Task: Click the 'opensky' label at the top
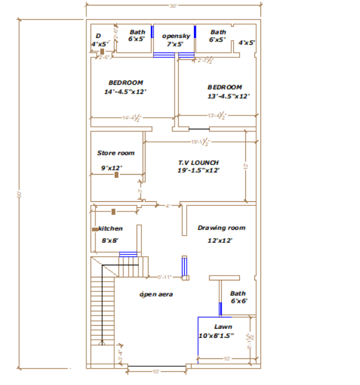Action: tap(176, 36)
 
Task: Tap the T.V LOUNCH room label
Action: tap(198, 163)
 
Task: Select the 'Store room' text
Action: tap(116, 153)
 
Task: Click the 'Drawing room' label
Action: tap(221, 228)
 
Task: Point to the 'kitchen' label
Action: tap(111, 228)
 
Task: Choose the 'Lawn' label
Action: tap(223, 326)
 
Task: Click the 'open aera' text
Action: tap(156, 294)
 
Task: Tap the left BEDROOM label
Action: tap(126, 82)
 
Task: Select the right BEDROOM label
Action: tap(225, 87)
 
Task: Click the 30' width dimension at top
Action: tap(173, 6)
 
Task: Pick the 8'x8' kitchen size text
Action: tap(110, 241)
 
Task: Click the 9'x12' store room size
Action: tap(111, 168)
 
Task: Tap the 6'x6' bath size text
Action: tap(239, 300)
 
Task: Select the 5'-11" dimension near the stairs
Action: tap(164, 277)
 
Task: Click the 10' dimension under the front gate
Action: tap(156, 371)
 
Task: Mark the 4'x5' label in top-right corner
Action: tap(246, 43)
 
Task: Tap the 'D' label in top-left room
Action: tap(98, 36)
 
